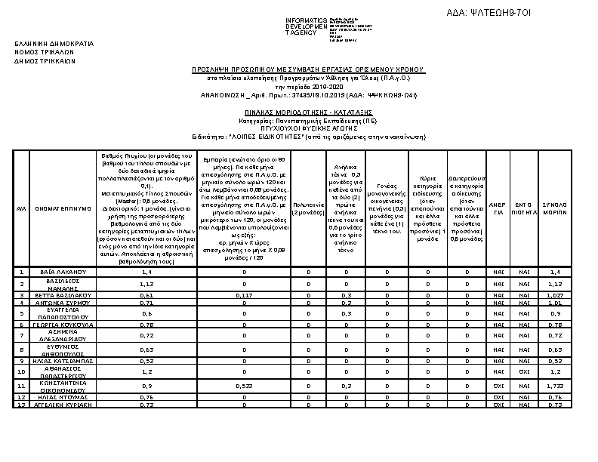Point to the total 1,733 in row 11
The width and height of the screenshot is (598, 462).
click(x=555, y=386)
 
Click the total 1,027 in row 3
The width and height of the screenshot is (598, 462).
click(x=555, y=295)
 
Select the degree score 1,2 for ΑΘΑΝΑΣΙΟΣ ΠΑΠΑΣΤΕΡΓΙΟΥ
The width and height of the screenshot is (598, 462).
click(x=147, y=371)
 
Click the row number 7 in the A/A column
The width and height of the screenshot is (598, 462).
click(x=23, y=334)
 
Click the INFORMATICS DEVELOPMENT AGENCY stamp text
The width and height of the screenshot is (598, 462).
click(x=306, y=26)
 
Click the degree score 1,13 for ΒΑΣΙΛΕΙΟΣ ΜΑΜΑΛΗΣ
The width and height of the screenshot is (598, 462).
click(x=147, y=283)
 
